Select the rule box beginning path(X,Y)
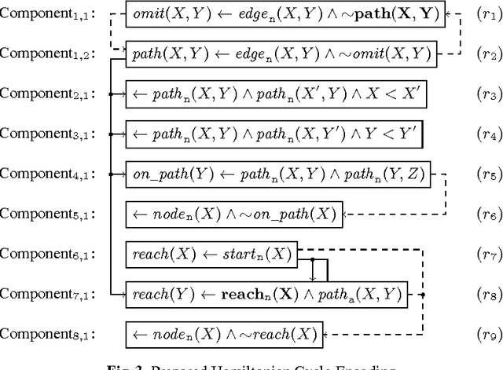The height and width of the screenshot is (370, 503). click(279, 53)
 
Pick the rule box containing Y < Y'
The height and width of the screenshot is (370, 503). click(275, 134)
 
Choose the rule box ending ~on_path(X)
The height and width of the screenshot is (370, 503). click(234, 214)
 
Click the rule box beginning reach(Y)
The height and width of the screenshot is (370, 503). click(268, 295)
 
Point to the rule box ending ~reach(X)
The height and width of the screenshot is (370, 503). click(224, 335)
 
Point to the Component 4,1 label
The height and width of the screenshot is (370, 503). click(49, 174)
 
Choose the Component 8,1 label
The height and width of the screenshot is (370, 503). click(49, 335)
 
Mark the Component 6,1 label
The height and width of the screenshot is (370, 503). click(49, 255)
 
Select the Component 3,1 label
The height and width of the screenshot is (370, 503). click(49, 134)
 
